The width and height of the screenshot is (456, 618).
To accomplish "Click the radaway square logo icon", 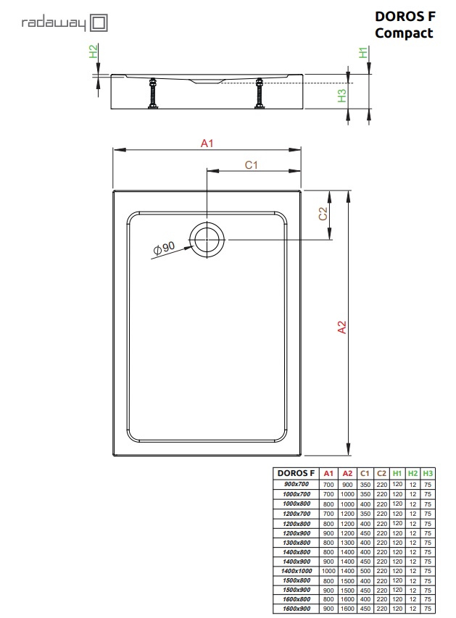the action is coord(99,23).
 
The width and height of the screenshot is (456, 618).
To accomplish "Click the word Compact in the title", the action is coord(404,33).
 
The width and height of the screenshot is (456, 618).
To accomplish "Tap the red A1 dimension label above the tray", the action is coord(207,143).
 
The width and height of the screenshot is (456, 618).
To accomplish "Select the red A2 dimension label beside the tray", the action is coord(342,327).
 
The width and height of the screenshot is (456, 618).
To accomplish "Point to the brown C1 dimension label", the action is coord(252,164).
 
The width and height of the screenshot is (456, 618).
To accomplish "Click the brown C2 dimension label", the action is coord(323,214).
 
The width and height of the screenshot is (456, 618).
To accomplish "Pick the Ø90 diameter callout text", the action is coord(164,249).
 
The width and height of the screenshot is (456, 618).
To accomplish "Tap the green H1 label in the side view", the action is coord(363,52).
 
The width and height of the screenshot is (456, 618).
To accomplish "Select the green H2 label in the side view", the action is coord(93,51).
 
